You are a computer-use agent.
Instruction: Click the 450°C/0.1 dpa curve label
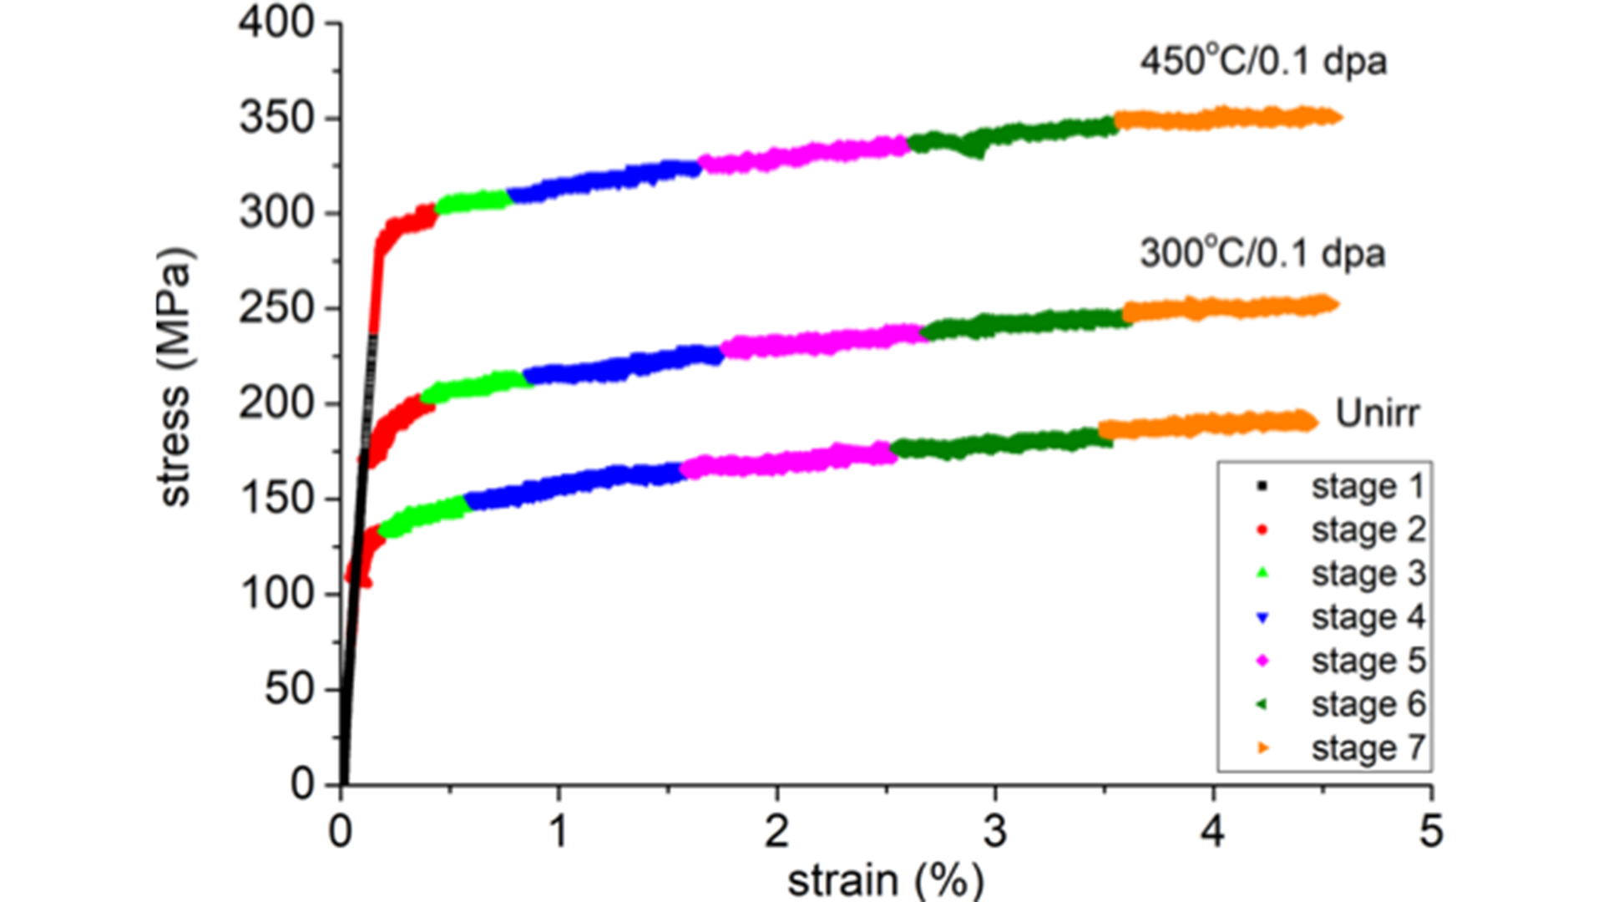point(1263,62)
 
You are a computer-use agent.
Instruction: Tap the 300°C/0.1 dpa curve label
point(1262,254)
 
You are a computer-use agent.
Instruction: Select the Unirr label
point(1377,413)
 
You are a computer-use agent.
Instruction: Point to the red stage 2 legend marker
point(1262,530)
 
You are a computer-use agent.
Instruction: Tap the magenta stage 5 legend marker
point(1262,661)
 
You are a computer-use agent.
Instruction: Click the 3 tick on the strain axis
point(994,831)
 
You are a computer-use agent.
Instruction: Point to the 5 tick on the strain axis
point(1431,831)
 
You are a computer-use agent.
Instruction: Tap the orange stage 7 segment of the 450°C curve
point(1227,118)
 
